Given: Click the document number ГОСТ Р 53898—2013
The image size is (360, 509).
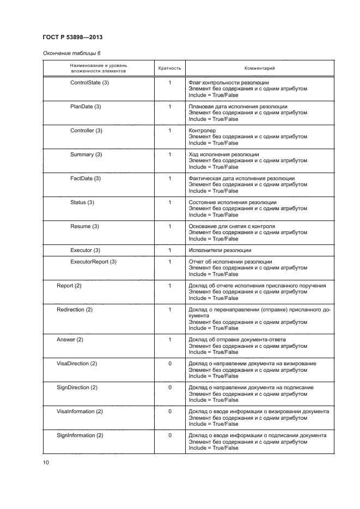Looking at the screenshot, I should tap(72, 37).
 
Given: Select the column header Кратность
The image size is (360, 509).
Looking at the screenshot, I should tap(169, 69).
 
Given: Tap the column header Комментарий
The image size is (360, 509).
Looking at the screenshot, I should tap(259, 69).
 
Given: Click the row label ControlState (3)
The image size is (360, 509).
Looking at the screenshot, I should tap(89, 83).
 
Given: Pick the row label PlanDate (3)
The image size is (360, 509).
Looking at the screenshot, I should tap(86, 107).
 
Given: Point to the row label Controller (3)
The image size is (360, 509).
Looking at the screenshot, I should tap(86, 131).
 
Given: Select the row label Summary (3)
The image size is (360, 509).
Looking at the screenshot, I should tap(86, 155).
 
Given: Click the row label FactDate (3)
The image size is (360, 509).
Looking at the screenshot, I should tap(86, 179).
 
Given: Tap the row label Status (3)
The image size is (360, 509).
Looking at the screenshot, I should tap(82, 203).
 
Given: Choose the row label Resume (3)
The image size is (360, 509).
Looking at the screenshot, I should tap(84, 226).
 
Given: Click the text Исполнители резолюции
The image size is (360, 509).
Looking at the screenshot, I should tap(219, 250).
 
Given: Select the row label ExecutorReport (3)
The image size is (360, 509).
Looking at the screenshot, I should tap(93, 262).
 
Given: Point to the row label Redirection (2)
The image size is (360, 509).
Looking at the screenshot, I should tap(75, 310).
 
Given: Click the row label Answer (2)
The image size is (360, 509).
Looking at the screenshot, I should tap(70, 340).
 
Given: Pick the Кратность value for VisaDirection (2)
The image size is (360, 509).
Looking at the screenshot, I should tap(170, 364).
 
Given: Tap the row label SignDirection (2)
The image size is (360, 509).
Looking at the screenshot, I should tap(77, 388).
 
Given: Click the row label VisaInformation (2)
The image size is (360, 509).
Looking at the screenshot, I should tap(80, 412).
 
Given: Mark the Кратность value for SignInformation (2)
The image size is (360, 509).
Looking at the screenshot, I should tap(170, 436).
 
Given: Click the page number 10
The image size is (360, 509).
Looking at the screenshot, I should tap(46, 463).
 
